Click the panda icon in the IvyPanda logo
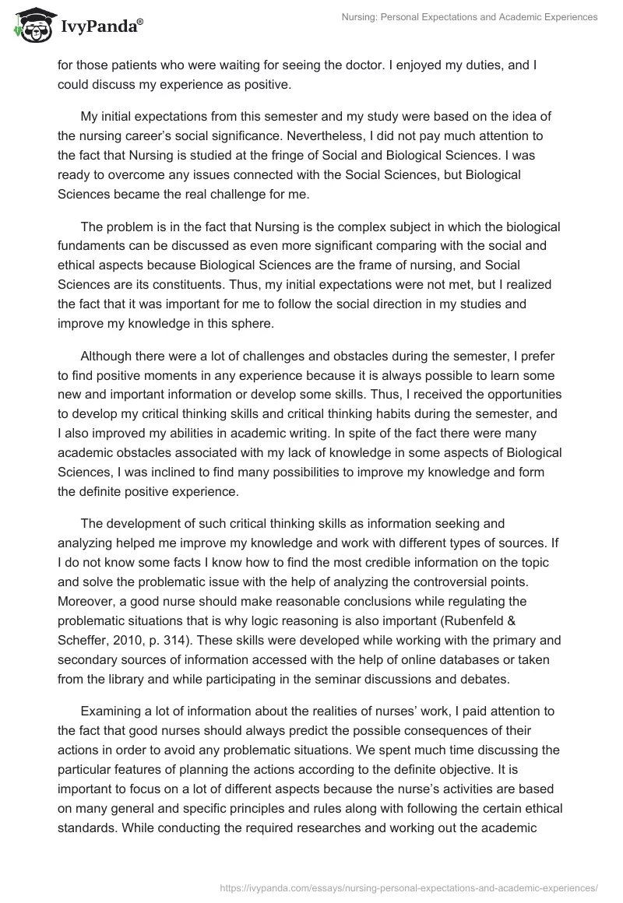29,26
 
